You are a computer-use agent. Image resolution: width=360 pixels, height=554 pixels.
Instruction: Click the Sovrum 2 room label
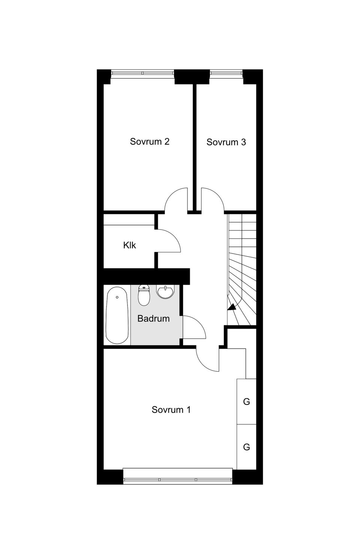point(150,142)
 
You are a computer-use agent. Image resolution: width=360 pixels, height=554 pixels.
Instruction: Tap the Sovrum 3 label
point(226,142)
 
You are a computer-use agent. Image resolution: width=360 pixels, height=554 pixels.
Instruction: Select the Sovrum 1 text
point(171,410)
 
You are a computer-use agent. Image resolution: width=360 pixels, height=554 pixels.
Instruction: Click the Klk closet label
point(129,245)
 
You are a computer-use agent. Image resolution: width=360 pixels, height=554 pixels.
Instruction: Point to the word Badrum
point(153,318)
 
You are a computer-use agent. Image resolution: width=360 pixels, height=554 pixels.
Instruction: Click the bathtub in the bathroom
point(117,315)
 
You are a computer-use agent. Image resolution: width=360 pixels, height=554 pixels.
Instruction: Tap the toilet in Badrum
point(144,295)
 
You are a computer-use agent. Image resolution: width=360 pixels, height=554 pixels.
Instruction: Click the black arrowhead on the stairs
point(232,308)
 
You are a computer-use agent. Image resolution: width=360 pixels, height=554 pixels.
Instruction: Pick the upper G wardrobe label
point(246,402)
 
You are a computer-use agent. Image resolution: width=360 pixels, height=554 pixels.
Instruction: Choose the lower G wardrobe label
point(246,447)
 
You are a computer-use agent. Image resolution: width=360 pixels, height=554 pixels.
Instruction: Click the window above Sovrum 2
point(142,73)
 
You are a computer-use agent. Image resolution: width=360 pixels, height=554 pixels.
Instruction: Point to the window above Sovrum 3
point(226,73)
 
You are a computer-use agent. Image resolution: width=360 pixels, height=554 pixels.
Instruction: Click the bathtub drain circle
point(117,297)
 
